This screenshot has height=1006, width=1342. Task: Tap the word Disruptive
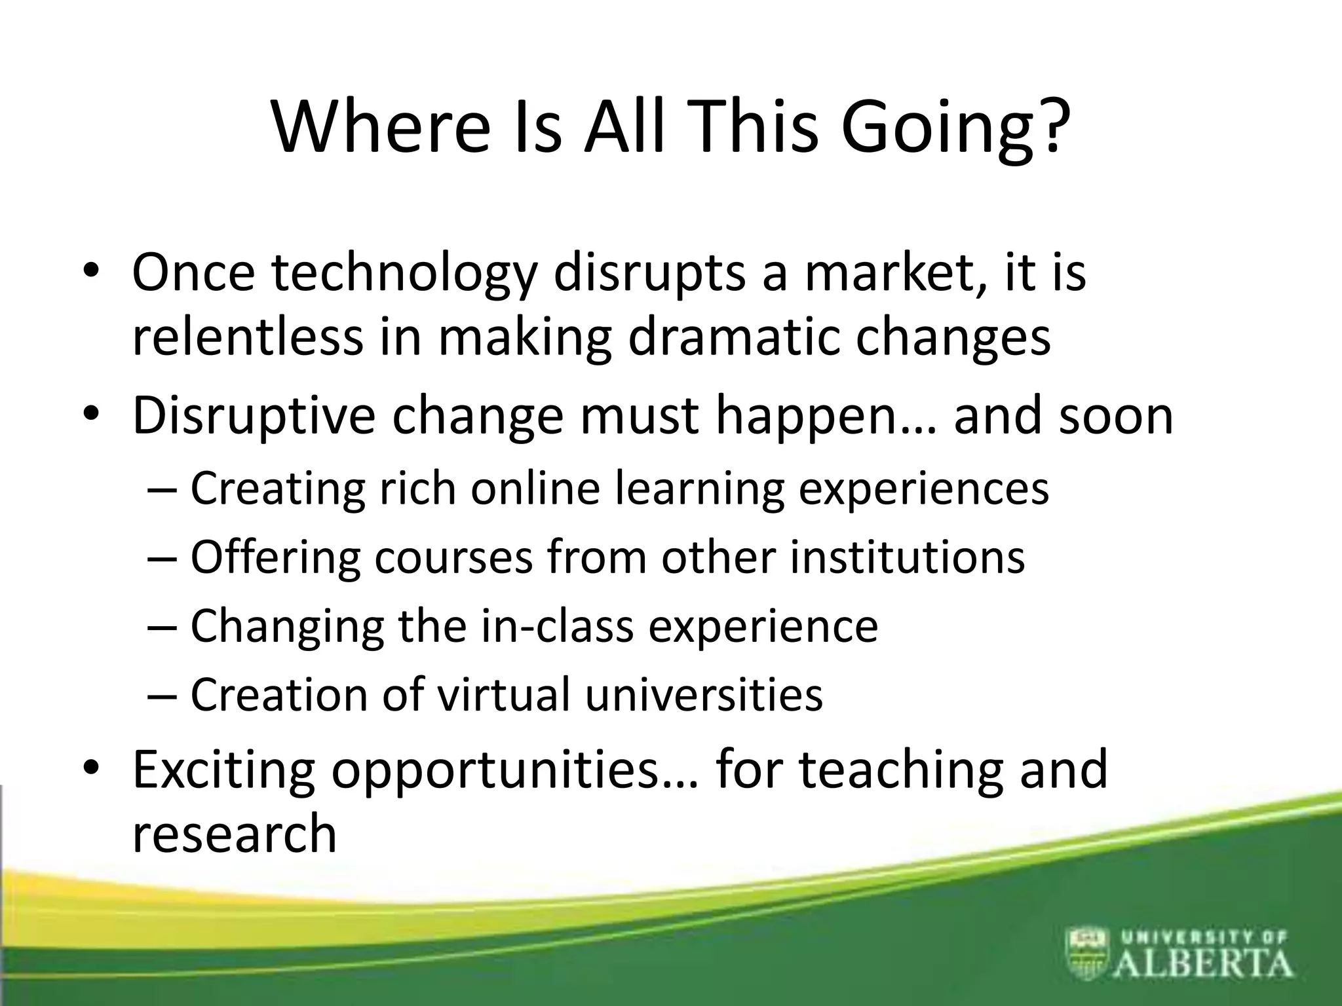point(254,416)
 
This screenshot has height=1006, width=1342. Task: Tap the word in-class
point(557,625)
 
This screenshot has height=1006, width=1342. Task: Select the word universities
point(704,694)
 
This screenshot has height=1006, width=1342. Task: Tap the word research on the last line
point(234,833)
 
